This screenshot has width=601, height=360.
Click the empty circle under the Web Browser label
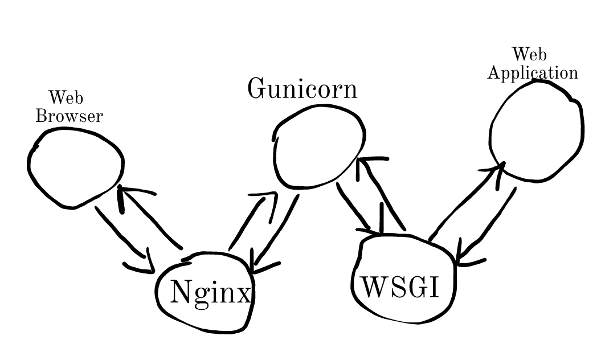(75, 167)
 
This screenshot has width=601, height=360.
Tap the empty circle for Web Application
(536, 132)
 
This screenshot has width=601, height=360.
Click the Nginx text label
(210, 293)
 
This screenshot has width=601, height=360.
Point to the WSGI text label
(401, 287)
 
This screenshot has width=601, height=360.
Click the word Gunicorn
(302, 89)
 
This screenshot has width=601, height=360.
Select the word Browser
(69, 116)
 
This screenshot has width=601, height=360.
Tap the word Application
(533, 73)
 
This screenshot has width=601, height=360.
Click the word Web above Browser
(66, 99)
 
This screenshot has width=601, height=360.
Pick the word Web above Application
(529, 55)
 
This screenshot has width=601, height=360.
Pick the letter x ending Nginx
(244, 294)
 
